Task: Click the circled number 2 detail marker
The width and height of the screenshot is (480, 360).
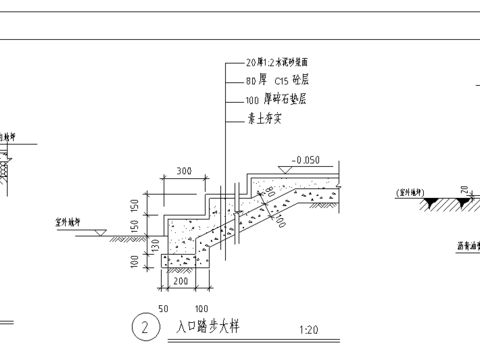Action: (x=146, y=327)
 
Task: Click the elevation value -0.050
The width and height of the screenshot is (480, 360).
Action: (x=305, y=160)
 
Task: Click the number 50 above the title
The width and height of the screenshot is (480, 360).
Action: (x=163, y=309)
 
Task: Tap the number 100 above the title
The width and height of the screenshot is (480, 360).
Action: (x=201, y=309)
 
